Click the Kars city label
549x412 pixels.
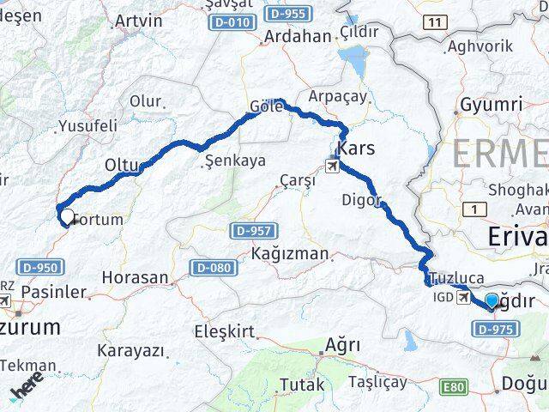(358, 149)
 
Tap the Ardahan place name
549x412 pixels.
(274, 37)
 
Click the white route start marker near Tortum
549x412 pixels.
(66, 216)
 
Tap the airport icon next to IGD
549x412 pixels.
(464, 297)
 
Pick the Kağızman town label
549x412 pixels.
(289, 253)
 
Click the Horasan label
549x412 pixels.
(135, 277)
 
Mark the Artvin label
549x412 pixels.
(138, 19)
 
